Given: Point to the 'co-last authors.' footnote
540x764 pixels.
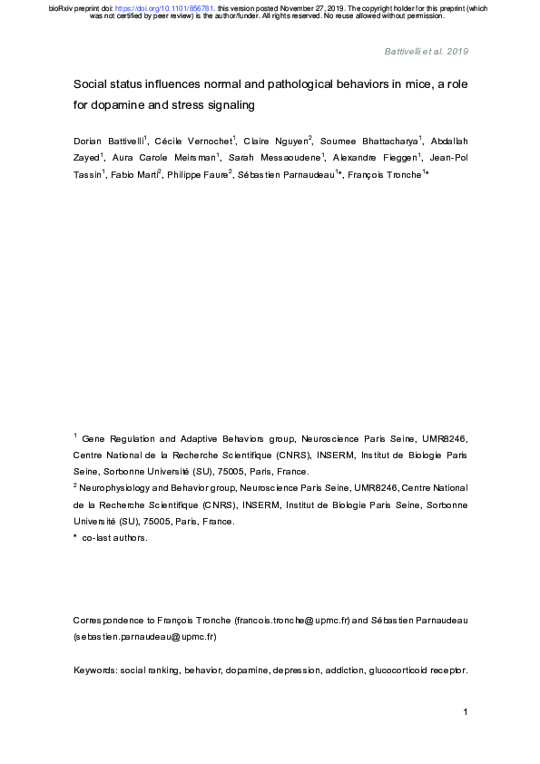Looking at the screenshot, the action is tap(114, 538).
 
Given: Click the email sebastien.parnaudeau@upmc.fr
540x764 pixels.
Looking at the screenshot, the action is tap(144, 636).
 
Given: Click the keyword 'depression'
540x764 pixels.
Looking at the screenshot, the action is tap(286, 671).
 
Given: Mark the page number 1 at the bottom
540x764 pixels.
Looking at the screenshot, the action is tap(465, 712).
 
